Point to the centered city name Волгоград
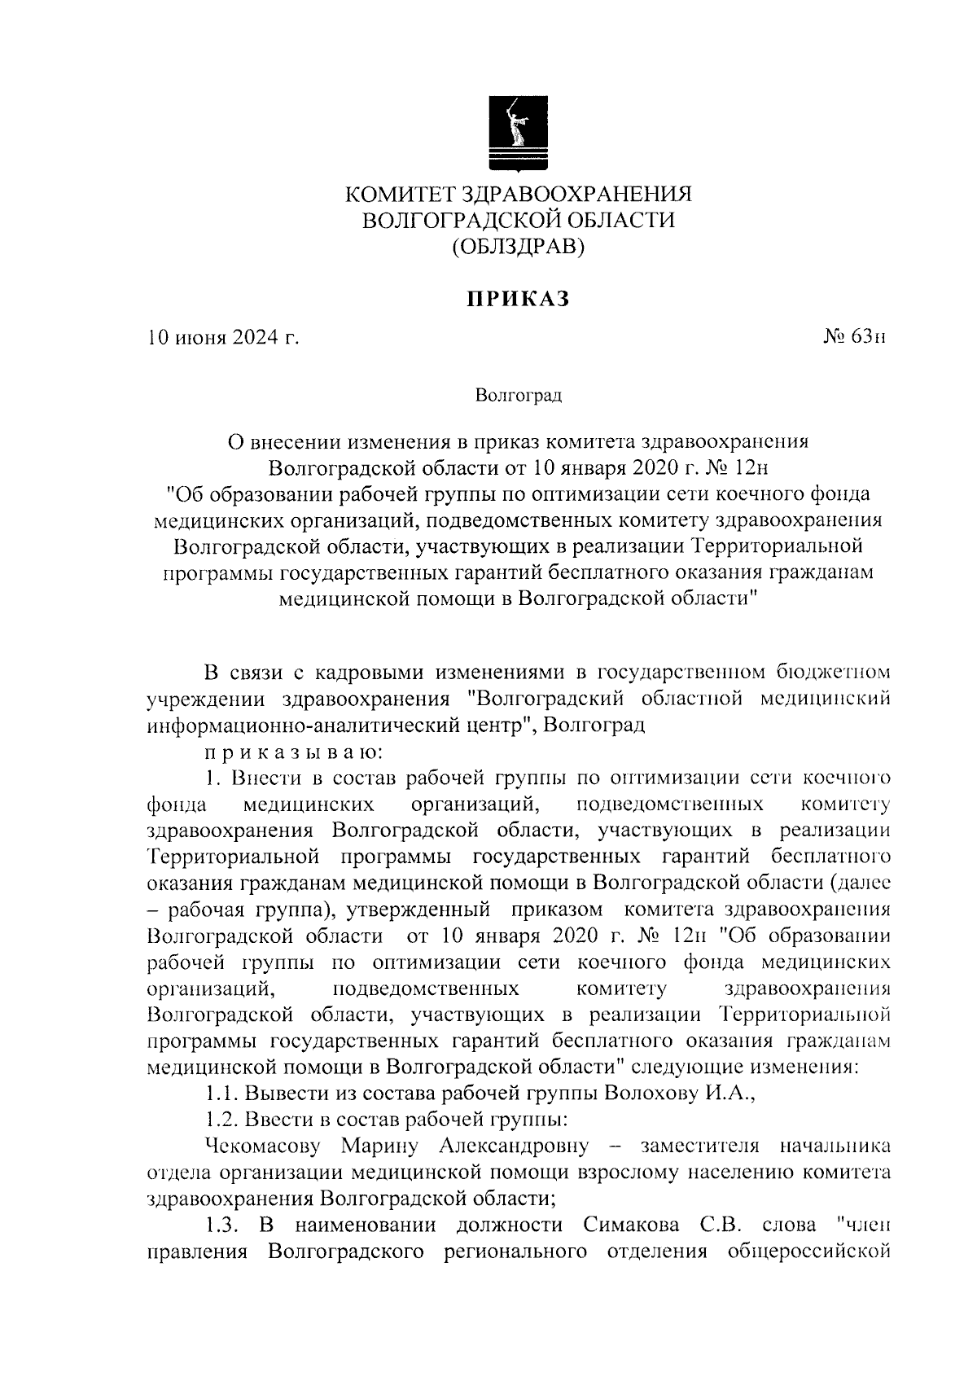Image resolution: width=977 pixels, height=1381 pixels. tap(519, 397)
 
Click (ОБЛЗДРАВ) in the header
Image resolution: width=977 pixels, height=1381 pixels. tap(519, 245)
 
